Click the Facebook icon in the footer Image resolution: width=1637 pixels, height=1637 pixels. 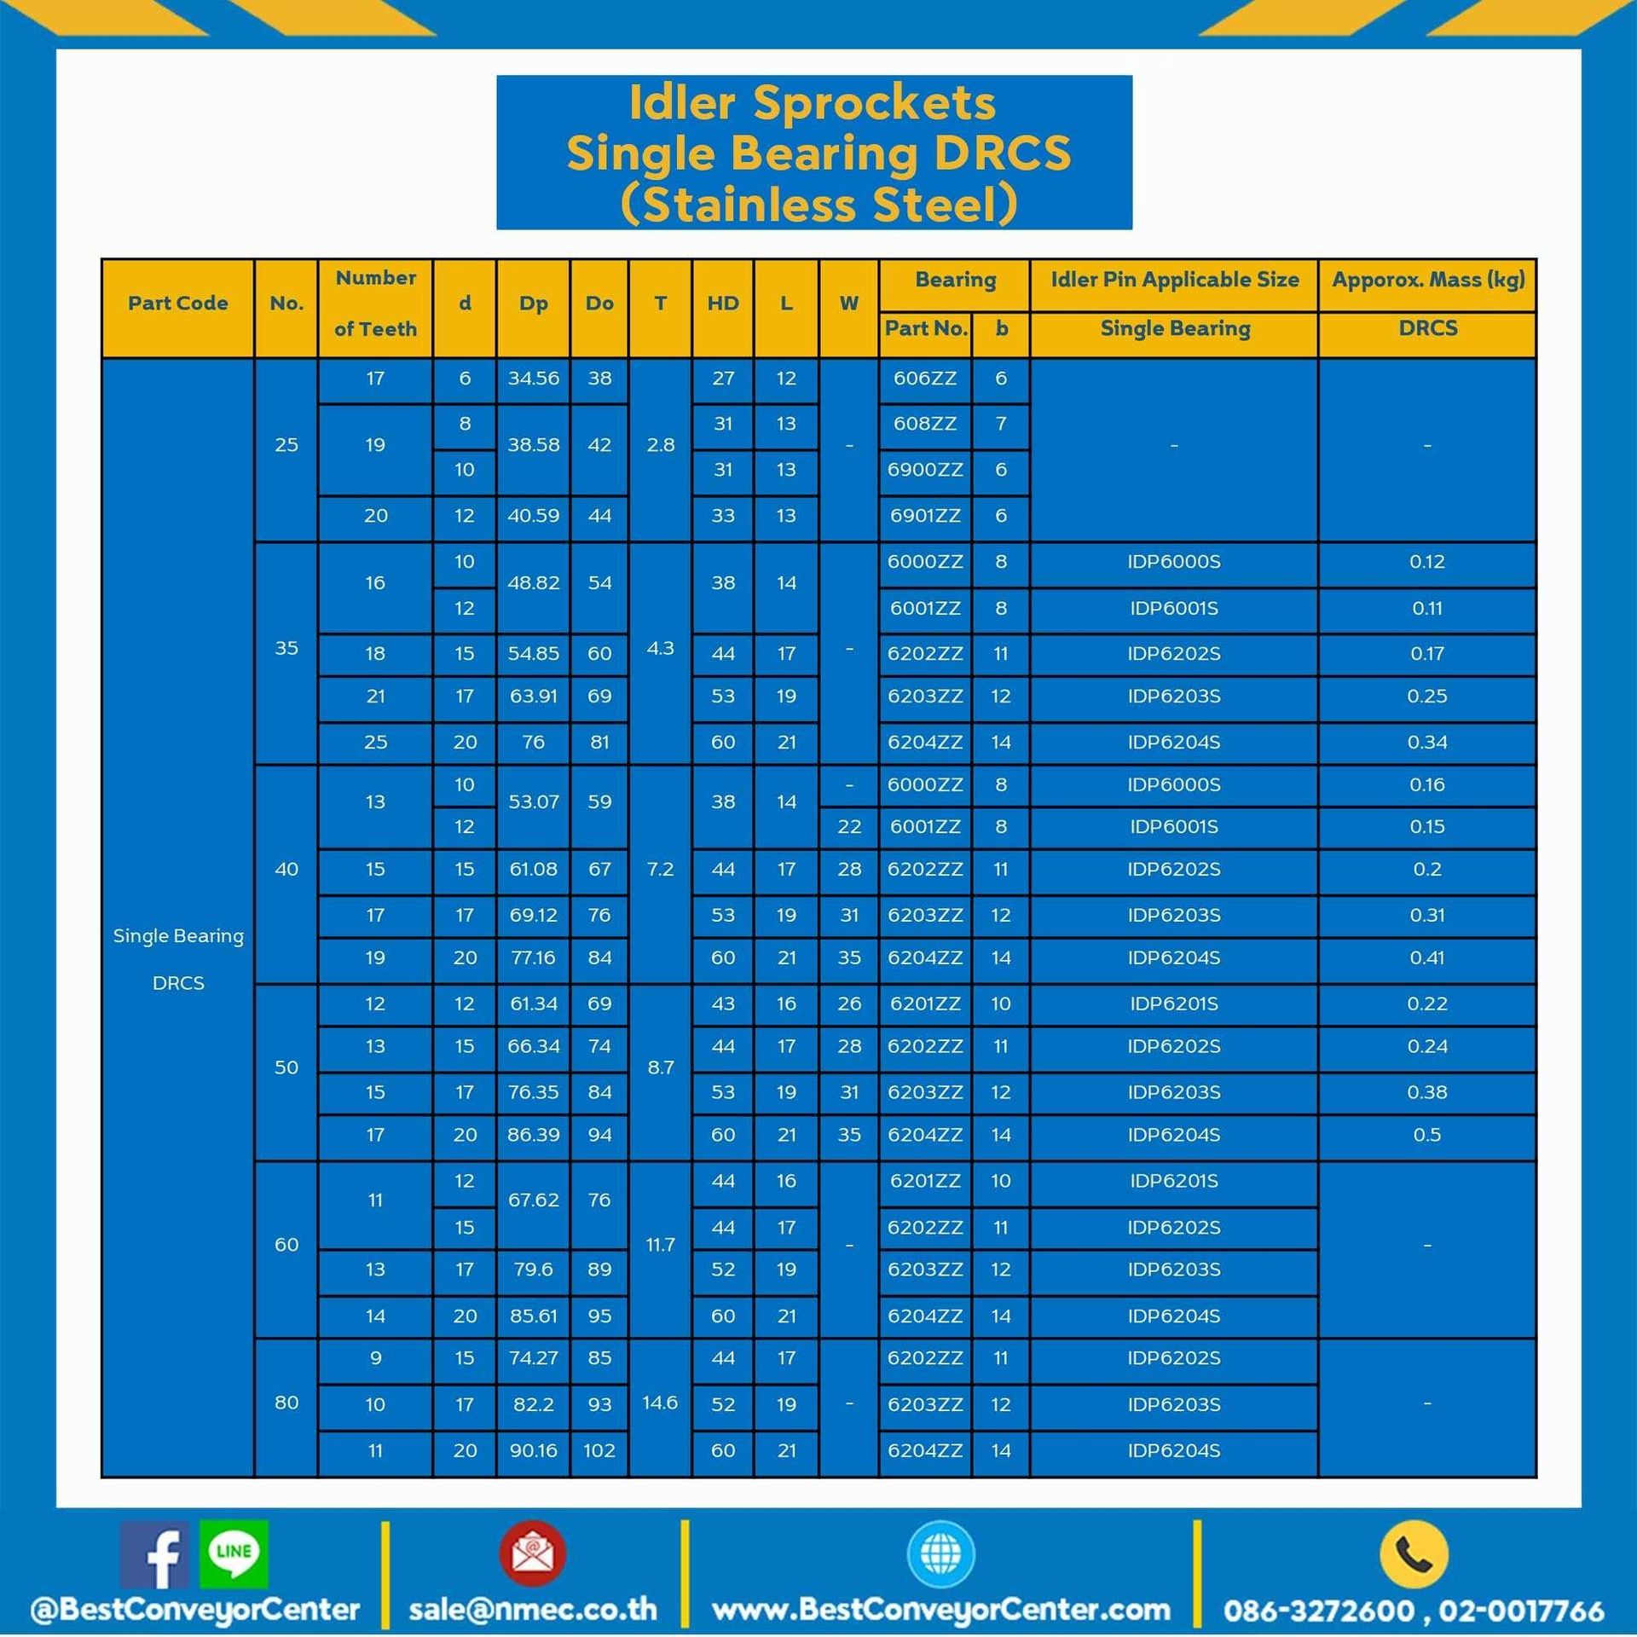[154, 1555]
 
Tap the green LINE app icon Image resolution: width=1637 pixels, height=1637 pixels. [234, 1553]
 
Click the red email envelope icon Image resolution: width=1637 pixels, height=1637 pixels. [533, 1553]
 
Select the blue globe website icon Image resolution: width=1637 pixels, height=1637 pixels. [940, 1553]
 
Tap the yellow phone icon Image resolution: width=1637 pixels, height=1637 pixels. [1413, 1553]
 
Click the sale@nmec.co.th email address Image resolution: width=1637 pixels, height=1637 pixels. [533, 1610]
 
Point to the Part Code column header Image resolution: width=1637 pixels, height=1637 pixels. [177, 304]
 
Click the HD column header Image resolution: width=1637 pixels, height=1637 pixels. [722, 304]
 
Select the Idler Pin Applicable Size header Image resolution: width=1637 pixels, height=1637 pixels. [1174, 280]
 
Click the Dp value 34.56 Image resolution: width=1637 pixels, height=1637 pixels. [533, 379]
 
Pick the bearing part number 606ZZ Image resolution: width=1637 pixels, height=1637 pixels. [924, 379]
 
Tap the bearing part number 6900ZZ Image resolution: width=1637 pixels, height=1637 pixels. [924, 470]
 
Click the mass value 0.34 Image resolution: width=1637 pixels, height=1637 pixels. [1426, 743]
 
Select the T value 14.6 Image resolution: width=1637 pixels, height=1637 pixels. [660, 1403]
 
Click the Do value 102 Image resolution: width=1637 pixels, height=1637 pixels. [599, 1450]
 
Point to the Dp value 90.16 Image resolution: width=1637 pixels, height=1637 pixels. [533, 1450]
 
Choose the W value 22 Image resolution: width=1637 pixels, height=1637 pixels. [848, 827]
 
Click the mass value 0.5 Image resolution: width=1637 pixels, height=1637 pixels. [1426, 1135]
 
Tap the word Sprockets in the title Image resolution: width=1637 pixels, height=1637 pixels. [874, 103]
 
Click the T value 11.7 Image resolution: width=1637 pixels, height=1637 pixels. [660, 1245]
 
